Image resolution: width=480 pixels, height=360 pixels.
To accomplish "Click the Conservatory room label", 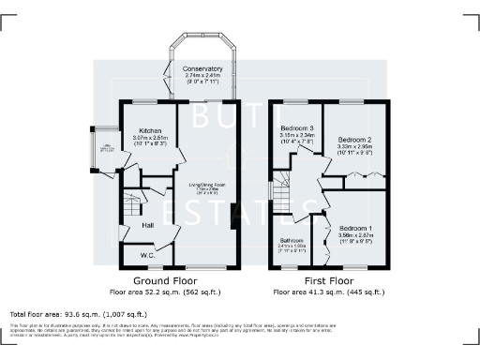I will pyautogui.click(x=203, y=68).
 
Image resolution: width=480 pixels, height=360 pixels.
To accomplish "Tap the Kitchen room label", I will pyautogui.click(x=150, y=131).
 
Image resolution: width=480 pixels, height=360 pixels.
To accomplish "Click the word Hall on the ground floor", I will pyautogui.click(x=147, y=225).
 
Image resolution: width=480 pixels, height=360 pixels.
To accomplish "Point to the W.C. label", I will pyautogui.click(x=147, y=254).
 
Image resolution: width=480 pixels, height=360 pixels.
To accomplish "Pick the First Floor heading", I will pyautogui.click(x=329, y=280).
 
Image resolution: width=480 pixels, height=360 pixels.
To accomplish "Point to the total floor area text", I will pyautogui.click(x=78, y=313).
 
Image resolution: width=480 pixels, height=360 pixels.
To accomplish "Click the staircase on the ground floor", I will pyautogui.click(x=133, y=202).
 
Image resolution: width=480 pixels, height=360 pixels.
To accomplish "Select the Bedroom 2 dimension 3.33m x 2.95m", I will pyautogui.click(x=355, y=146).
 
